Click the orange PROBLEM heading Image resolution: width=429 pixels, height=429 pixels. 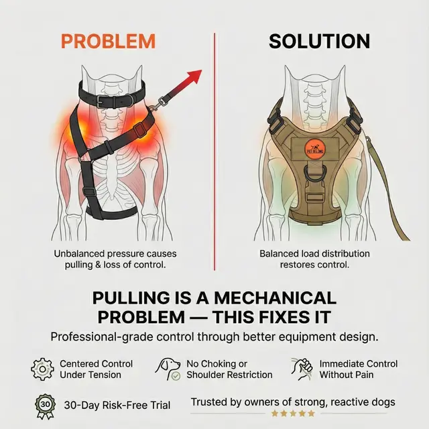click(109, 42)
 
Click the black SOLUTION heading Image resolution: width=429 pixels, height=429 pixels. click(319, 42)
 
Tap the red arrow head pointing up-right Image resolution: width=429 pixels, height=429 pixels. click(195, 76)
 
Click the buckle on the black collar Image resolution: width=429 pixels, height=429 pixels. click(103, 101)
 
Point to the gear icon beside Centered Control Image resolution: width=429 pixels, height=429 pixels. click(42, 369)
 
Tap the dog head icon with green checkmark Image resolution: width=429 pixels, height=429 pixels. click(168, 369)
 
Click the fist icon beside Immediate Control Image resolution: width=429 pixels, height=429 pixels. click(302, 369)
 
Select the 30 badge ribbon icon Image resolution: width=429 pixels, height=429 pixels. click(45, 407)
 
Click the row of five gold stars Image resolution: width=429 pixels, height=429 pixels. click(293, 414)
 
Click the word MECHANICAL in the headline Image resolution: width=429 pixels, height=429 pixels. click(275, 298)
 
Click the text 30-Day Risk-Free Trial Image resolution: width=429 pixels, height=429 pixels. click(117, 405)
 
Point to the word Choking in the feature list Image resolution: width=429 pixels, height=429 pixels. click(218, 364)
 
